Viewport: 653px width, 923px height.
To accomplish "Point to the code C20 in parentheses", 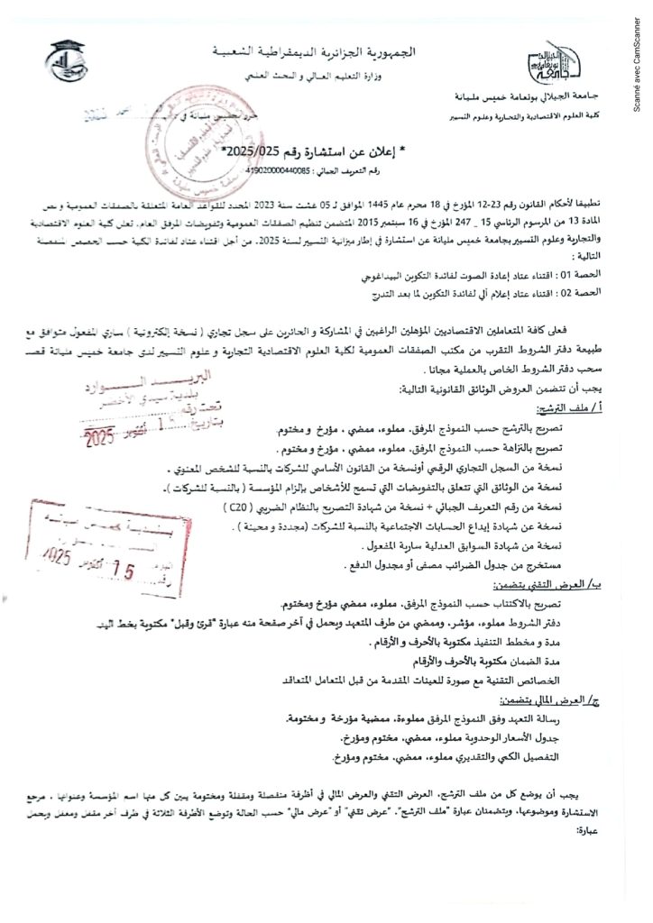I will coord(238,507).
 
